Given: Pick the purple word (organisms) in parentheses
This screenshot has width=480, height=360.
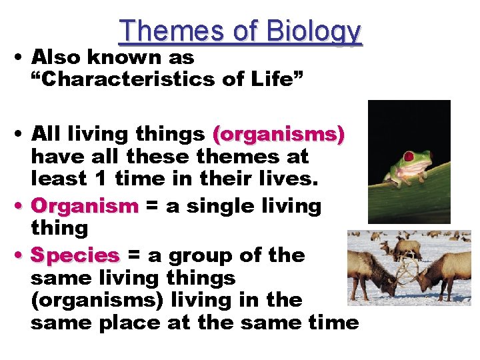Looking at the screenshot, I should tap(278, 134).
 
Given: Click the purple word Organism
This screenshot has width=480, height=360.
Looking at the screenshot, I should tap(84, 205).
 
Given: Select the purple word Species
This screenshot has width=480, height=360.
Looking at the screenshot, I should tap(75, 255).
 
